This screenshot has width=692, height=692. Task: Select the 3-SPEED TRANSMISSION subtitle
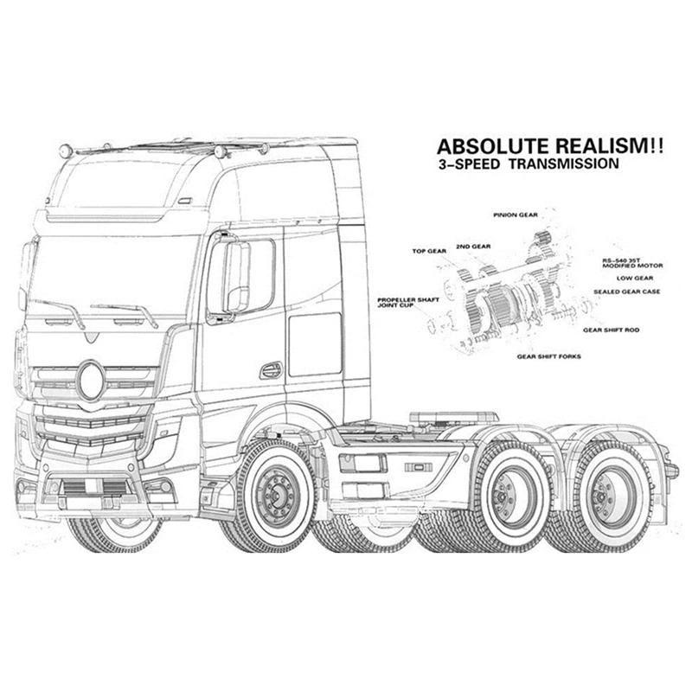coord(529,163)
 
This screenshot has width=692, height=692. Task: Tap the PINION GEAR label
coord(516,215)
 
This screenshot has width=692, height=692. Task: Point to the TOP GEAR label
coord(429,251)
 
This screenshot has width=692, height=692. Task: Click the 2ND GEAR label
coord(473,247)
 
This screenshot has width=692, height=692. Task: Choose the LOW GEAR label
coord(635,278)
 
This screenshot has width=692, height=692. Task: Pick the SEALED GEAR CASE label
coord(626,292)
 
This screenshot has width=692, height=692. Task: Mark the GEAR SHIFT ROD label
coord(611,330)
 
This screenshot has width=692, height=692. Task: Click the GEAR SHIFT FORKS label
coord(549,356)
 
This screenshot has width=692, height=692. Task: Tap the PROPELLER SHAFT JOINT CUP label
coord(407,302)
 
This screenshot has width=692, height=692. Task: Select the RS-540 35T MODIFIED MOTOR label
coord(632,264)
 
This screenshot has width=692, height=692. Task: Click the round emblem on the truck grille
coord(91,381)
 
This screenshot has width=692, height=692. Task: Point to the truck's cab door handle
coord(271,371)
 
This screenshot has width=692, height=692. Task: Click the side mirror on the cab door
coord(237,277)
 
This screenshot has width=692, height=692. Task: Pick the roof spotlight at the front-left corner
coord(66,151)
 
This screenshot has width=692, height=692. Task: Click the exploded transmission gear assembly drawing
coord(512,296)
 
